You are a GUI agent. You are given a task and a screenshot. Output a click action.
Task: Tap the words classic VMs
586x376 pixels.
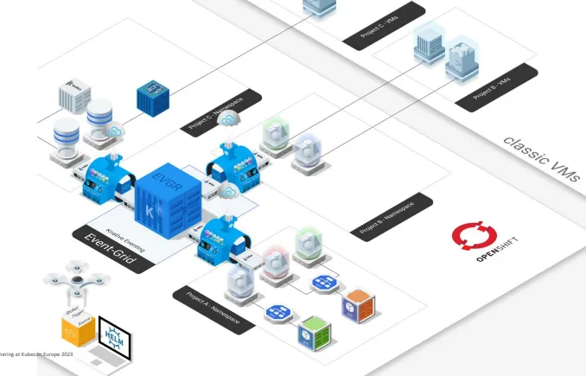(x=541, y=159)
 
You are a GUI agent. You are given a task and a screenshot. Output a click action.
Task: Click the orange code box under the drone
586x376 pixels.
(x=76, y=329)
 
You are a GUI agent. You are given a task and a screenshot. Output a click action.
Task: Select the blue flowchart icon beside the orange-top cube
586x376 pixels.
(x=324, y=283)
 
